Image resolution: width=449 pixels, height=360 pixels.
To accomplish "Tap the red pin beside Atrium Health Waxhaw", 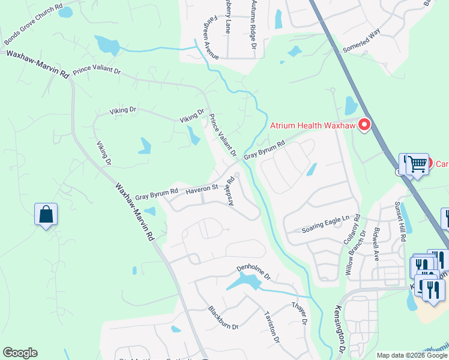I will (364, 125).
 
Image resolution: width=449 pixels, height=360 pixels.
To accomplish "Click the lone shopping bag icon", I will (46, 215).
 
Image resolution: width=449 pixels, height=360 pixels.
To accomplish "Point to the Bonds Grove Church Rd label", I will (33, 26).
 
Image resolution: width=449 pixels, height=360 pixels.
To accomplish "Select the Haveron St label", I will (200, 189).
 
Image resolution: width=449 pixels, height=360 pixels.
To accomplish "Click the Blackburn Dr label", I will (223, 318).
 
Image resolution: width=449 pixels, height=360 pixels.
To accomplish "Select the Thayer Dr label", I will (300, 313).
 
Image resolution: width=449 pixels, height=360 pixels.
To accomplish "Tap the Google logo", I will (20, 353).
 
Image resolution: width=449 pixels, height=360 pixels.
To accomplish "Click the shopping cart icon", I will (417, 163).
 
